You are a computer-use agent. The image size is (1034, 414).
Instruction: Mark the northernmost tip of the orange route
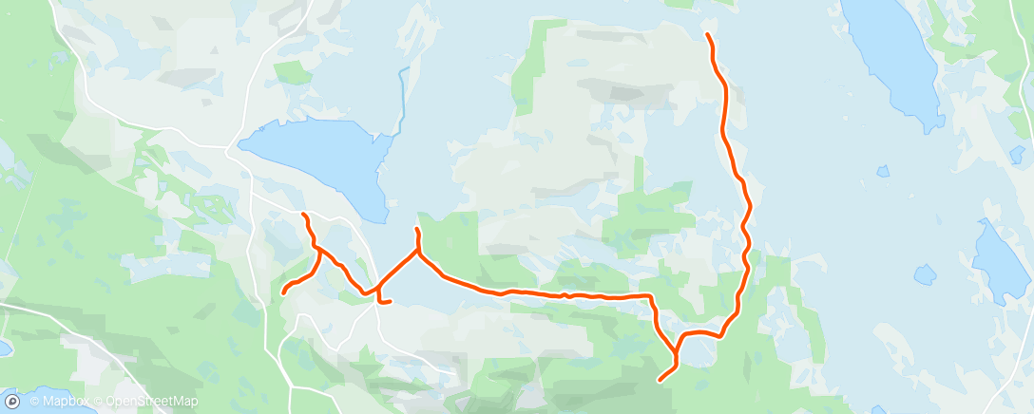click(707, 35)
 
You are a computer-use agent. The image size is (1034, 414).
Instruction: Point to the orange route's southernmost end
click(660, 381)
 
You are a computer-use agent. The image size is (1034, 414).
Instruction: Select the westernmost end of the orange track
click(283, 292)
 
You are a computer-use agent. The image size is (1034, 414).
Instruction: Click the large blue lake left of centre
click(318, 157)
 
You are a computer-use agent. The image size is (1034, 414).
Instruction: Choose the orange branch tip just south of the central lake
click(304, 216)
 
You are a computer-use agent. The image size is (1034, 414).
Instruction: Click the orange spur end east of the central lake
click(416, 230)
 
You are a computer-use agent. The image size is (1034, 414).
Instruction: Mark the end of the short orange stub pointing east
click(391, 302)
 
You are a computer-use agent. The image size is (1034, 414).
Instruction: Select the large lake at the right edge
click(1000, 261)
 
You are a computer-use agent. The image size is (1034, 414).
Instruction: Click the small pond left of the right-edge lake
click(924, 274)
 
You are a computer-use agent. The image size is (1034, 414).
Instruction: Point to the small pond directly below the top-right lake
click(883, 172)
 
